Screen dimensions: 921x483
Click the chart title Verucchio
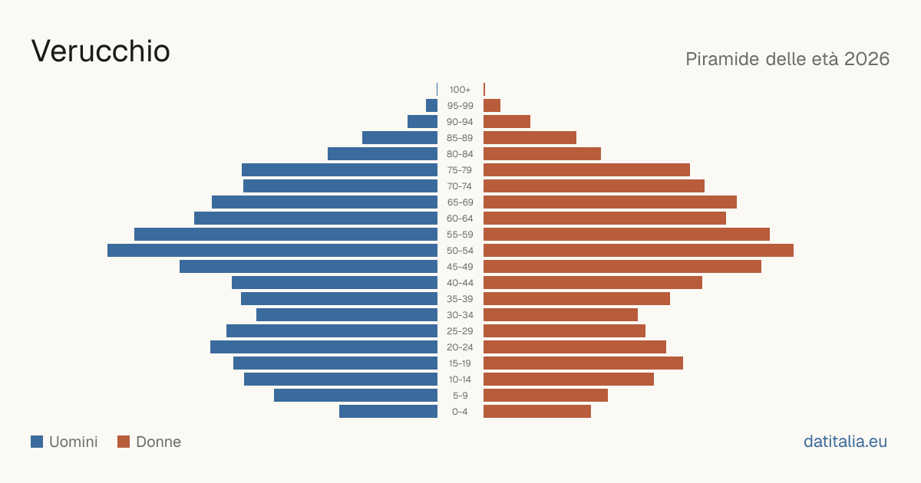coord(101,51)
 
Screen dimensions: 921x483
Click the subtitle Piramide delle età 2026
coord(787,59)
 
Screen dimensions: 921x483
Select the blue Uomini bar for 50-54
coord(272,251)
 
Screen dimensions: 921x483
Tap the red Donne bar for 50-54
coord(639,251)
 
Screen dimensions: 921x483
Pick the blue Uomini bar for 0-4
coord(388,412)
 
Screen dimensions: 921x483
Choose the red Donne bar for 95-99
coord(492,106)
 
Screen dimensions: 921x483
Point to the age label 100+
coord(460,90)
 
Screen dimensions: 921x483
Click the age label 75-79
coord(460,170)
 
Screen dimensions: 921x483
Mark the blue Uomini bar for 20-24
coord(324,347)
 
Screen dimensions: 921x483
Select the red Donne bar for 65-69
coord(610,202)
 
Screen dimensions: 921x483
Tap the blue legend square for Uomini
coord(37,442)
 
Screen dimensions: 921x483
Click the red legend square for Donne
coord(124,442)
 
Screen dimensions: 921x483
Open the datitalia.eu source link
coord(845,442)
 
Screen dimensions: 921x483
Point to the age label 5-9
coord(460,396)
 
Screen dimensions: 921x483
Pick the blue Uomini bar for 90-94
coord(422,122)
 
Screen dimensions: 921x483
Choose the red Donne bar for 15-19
coord(583,363)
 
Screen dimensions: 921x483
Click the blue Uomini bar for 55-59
coord(286,235)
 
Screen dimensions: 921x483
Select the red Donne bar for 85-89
coord(530,137)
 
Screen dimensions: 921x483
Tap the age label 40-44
coord(460,283)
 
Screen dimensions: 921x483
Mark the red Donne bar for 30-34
coord(560,315)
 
